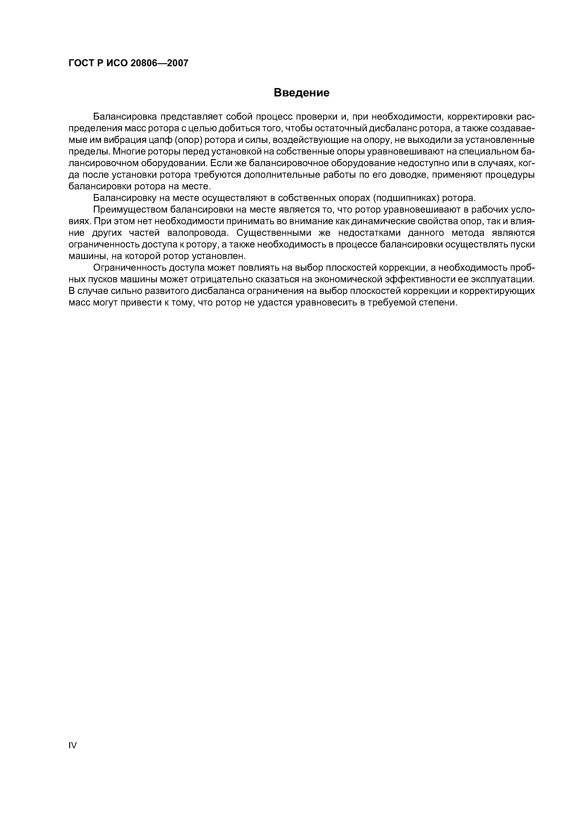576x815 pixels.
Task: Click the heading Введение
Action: coord(302,93)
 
